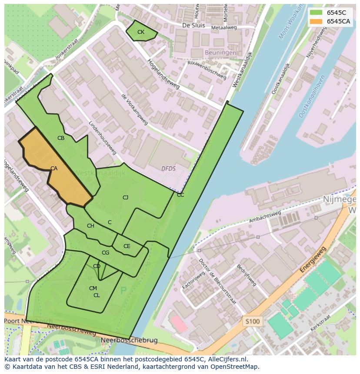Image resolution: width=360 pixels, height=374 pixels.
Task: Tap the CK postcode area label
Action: pos(140,32)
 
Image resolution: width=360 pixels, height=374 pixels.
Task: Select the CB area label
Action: pos(61,138)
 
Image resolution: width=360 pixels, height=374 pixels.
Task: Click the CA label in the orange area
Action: pos(54,169)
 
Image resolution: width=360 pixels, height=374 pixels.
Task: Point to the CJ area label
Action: pos(125,198)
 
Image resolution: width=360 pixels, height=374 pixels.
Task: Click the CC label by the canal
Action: pos(180,195)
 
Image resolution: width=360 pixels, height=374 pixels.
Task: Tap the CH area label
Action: pos(90,226)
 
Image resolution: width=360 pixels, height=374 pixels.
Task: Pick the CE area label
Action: pos(127,246)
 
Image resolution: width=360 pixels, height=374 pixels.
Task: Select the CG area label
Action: pos(105,253)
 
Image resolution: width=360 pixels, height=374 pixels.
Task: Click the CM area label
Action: pos(93,288)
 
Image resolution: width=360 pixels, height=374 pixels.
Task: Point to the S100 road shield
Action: pos(252,322)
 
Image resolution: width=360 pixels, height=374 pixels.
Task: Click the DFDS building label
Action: pos(168,169)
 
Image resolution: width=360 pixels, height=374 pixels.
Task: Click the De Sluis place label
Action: pos(193,26)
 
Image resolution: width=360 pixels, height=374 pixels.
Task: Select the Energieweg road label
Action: pos(313,260)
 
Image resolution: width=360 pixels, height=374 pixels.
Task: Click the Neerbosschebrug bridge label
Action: pos(129,341)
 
